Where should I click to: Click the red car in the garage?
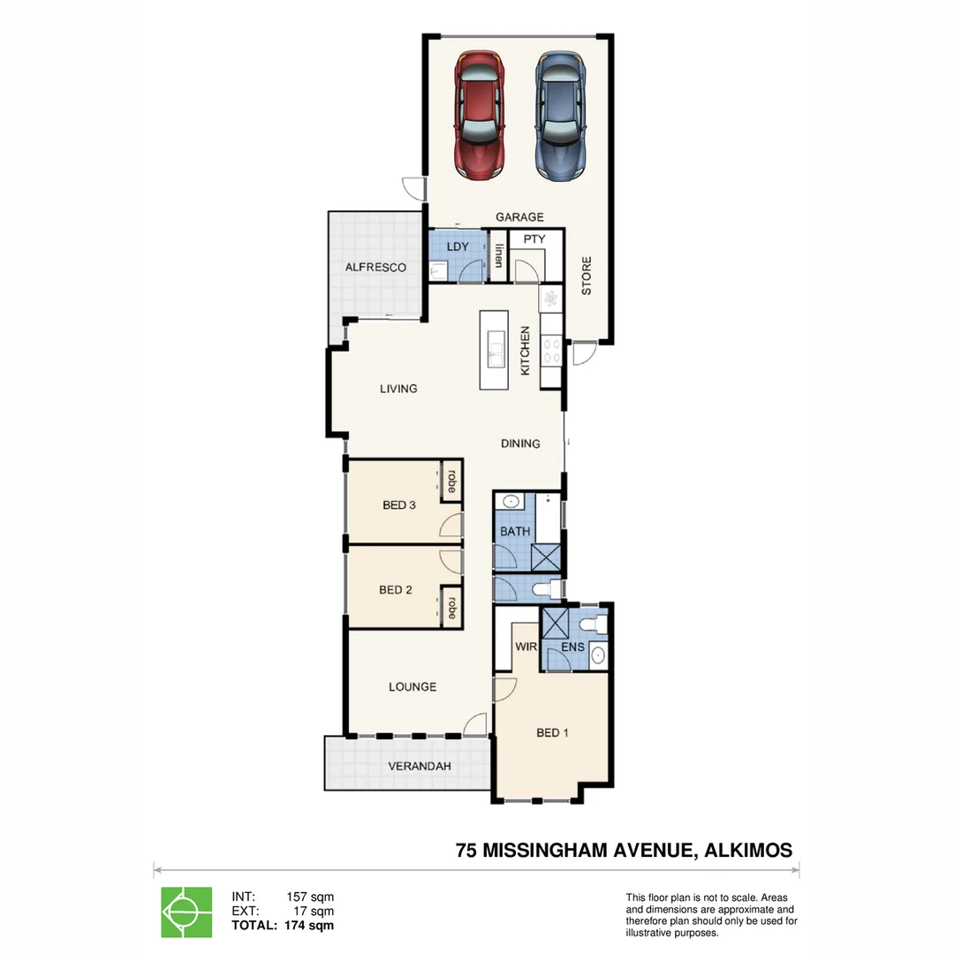[481, 116]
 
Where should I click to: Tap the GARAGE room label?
[519, 217]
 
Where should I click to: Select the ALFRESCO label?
[375, 267]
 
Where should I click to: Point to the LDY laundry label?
[458, 246]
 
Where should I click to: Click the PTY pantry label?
[534, 239]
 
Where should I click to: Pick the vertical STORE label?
[587, 276]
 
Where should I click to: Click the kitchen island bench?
[495, 350]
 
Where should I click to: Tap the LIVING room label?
[398, 389]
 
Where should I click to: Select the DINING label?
[520, 443]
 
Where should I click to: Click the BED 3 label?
[399, 505]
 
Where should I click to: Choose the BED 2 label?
[396, 590]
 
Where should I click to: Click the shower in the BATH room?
[545, 557]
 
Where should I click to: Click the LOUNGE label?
[413, 686]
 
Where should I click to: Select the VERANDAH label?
[420, 766]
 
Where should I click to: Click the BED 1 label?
[552, 732]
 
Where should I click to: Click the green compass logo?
[186, 912]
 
